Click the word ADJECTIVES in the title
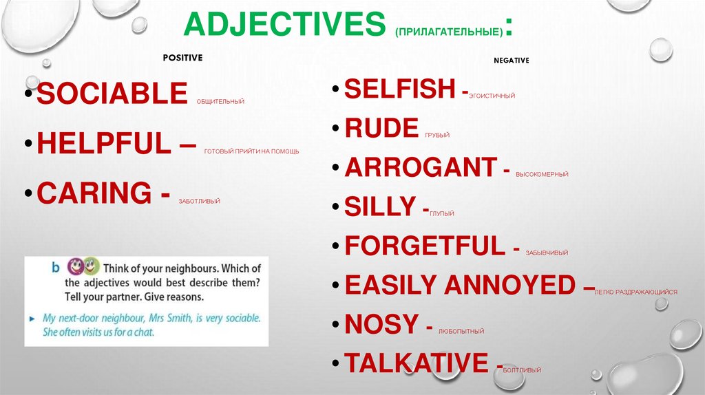(284, 24)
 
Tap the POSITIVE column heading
(182, 58)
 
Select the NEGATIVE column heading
(512, 61)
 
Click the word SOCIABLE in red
(112, 94)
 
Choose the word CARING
(94, 193)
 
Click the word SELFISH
(399, 89)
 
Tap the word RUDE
(381, 128)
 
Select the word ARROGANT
(421, 167)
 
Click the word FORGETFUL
(425, 246)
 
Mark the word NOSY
(381, 323)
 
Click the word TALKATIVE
(416, 363)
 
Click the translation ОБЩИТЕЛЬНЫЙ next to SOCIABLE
(220, 102)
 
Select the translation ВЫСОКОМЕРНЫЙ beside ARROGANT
(541, 175)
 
